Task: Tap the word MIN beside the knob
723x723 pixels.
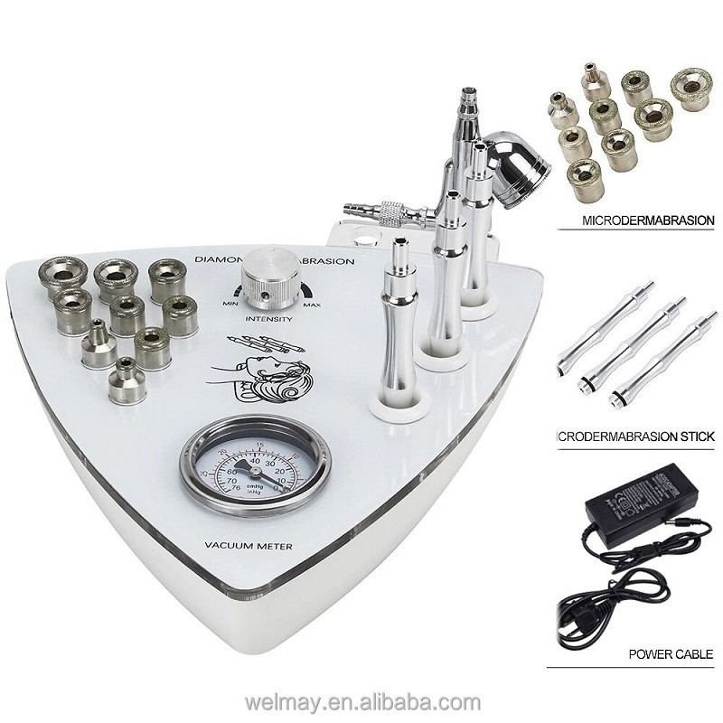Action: (x=229, y=305)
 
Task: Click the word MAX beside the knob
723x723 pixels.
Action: (x=312, y=305)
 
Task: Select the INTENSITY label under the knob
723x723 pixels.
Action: (x=268, y=319)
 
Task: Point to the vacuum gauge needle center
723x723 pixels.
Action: (x=256, y=472)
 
